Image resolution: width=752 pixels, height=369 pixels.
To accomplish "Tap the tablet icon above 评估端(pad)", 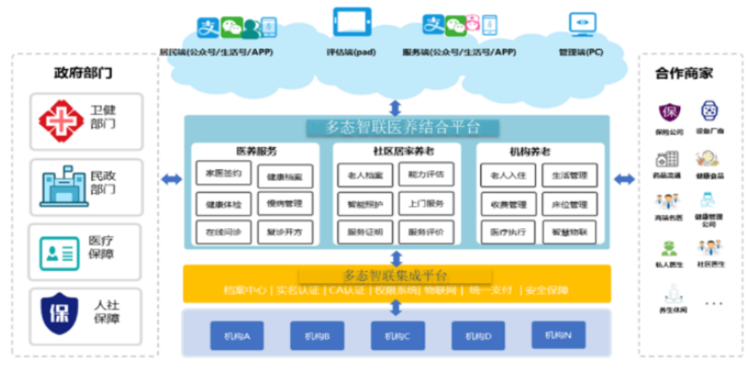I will pyautogui.click(x=352, y=22).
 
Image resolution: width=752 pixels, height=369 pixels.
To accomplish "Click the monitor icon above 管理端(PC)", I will pyautogui.click(x=582, y=24).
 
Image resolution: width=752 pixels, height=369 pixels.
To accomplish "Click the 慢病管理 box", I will pyautogui.click(x=284, y=203).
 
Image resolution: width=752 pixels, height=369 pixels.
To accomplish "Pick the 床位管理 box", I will pyautogui.click(x=569, y=204).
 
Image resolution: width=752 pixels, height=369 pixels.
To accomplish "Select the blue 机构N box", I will pyautogui.click(x=558, y=335).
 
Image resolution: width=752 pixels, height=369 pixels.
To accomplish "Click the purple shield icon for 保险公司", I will pyautogui.click(x=669, y=113).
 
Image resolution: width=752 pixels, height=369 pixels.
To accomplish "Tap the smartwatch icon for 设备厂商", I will pyautogui.click(x=709, y=111).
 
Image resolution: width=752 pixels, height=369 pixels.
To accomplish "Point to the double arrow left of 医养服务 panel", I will pyautogui.click(x=172, y=179).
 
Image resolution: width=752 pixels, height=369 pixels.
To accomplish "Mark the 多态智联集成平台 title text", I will pyautogui.click(x=396, y=275).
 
